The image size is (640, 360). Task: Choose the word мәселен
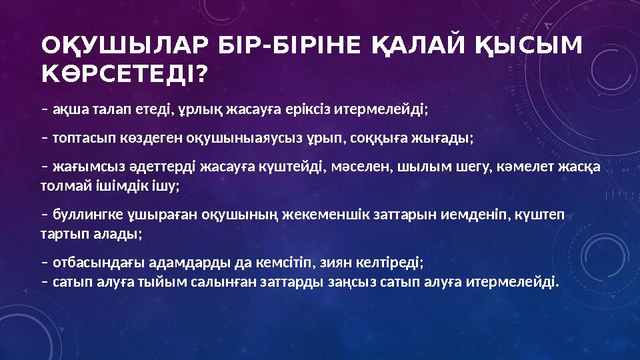(358, 169)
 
